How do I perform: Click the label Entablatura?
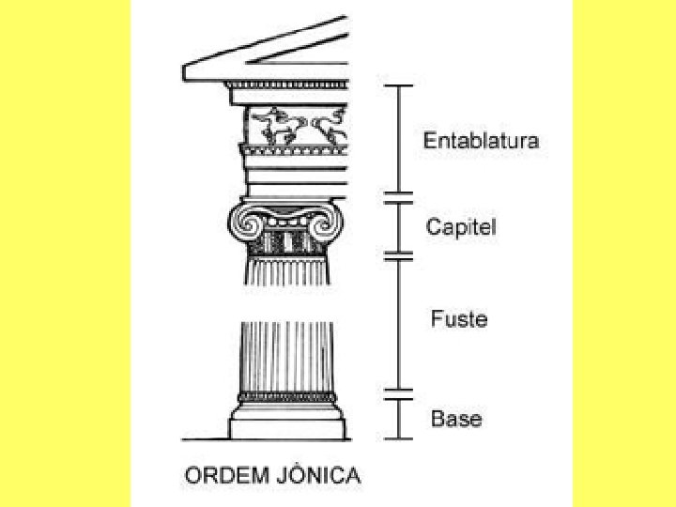(x=481, y=141)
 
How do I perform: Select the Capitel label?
(x=461, y=227)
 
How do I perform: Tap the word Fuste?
(x=459, y=319)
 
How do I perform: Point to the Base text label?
(x=456, y=419)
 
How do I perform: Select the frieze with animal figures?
(x=294, y=125)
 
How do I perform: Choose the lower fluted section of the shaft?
(x=287, y=357)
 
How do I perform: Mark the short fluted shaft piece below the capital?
(x=287, y=270)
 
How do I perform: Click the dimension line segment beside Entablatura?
(x=400, y=141)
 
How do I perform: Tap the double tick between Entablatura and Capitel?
(x=400, y=197)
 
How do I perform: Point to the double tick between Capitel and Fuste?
(x=400, y=254)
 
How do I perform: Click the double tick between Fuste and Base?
(x=400, y=393)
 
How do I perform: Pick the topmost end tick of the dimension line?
(x=400, y=85)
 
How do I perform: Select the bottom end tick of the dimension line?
(x=400, y=438)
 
